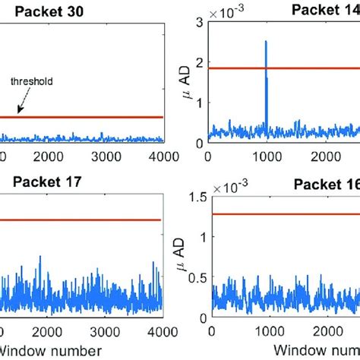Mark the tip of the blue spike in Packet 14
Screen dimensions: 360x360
coord(266,42)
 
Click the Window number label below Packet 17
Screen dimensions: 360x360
coord(53,350)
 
